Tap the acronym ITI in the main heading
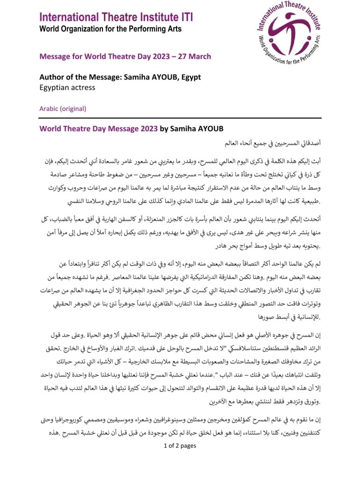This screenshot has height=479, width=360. coord(184,18)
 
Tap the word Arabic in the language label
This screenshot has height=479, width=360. coord(49,109)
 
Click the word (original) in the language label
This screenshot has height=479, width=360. coord(73,109)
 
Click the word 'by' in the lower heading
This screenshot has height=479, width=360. coord(166,128)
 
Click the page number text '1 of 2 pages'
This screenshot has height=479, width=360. coord(180,445)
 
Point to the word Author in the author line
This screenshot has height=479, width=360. coord(51,76)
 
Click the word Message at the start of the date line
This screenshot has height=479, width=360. coord(55,57)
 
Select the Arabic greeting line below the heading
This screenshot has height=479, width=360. coord(270,141)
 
